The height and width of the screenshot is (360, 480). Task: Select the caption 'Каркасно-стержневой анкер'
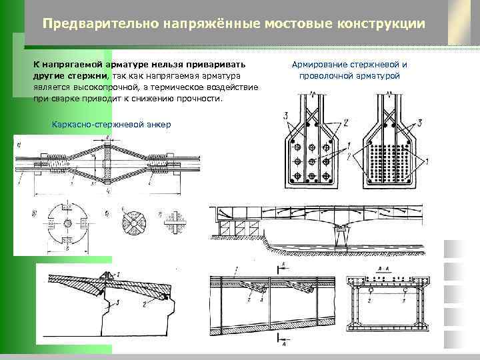click(111, 124)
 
